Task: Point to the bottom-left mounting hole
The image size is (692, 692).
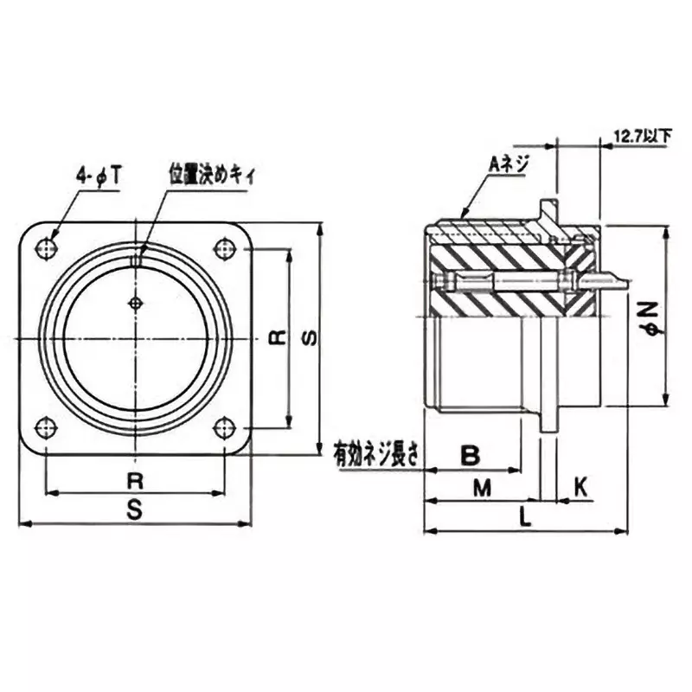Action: click(46, 427)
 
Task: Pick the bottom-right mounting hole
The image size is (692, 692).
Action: click(225, 427)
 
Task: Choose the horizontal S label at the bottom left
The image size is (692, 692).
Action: click(135, 511)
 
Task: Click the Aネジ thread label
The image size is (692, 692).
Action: click(509, 162)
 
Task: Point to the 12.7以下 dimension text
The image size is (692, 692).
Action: click(643, 137)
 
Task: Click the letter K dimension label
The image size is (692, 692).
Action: click(580, 488)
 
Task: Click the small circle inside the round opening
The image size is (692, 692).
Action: click(135, 302)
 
